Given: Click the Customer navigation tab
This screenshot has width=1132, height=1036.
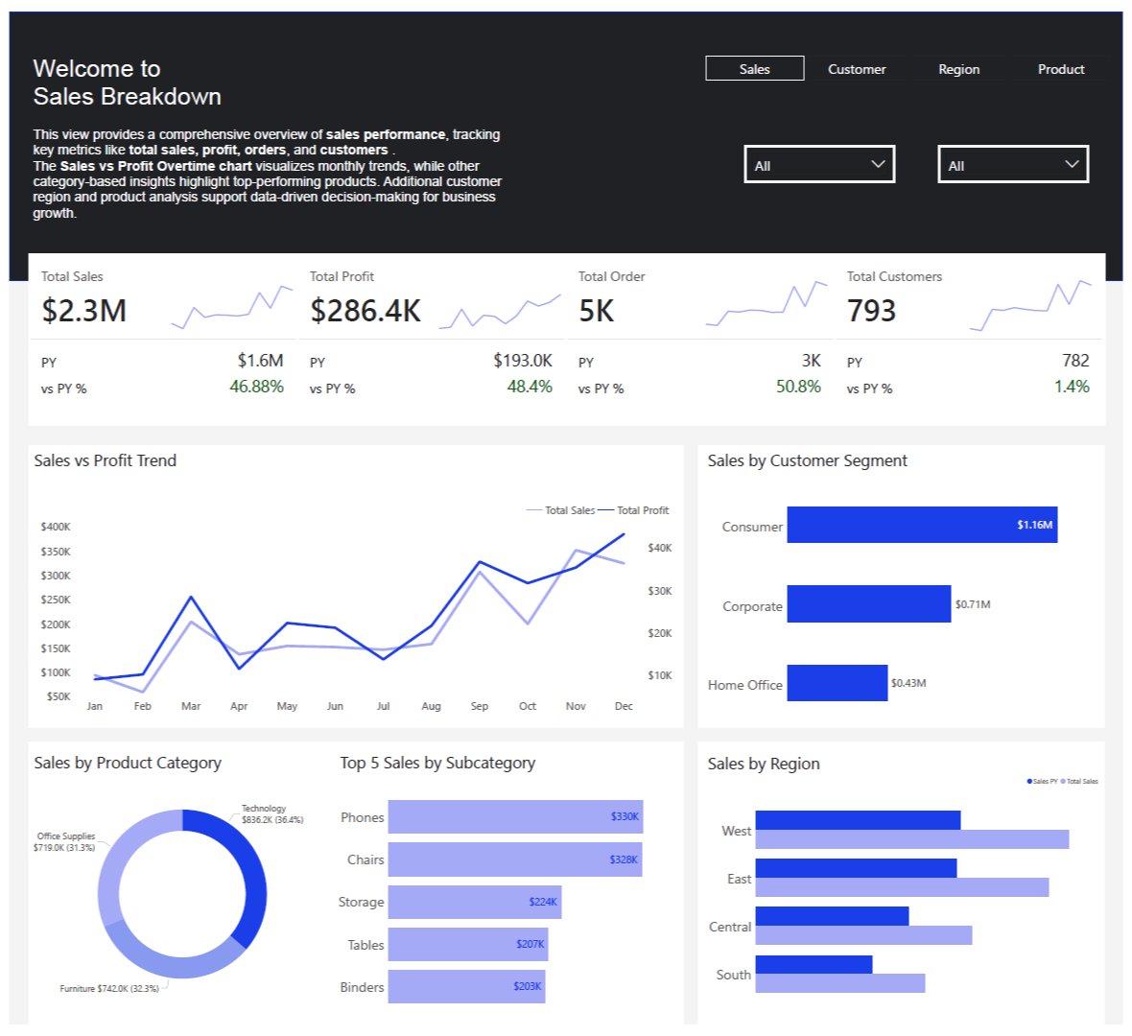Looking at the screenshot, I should point(857,69).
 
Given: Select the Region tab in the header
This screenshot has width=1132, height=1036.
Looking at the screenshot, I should point(958,69).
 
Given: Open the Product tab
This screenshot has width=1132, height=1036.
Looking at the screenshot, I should point(1060,69).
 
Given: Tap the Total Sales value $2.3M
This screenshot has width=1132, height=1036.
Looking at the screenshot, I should point(84,311).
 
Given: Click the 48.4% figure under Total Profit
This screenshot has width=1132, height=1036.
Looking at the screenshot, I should point(530,387).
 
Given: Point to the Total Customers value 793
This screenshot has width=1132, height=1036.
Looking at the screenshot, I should point(871,311).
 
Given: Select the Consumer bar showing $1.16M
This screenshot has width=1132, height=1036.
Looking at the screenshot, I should point(921,525).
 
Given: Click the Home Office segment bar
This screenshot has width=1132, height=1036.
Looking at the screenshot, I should point(837,683).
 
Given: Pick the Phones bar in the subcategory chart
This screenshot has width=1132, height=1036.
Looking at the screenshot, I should point(515,816).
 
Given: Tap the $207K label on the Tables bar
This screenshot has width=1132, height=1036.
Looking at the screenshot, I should point(530,944).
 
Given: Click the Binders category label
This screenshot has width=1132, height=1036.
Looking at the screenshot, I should point(362,987).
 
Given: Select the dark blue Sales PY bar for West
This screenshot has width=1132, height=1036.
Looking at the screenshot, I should point(857,820).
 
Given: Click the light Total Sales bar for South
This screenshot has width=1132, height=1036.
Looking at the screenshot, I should point(839,983).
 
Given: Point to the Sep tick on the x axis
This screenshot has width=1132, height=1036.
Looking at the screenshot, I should point(480,706).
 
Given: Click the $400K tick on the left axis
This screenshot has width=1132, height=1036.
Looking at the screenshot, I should point(56,527).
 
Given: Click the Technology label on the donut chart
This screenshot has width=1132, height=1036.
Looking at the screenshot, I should point(264,809).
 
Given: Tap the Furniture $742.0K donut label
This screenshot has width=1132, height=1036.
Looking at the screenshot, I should point(109,988).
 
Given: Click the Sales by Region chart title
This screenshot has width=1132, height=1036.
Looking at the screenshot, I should point(764,764).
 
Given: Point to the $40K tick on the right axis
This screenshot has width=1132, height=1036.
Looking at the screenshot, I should point(660,548).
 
